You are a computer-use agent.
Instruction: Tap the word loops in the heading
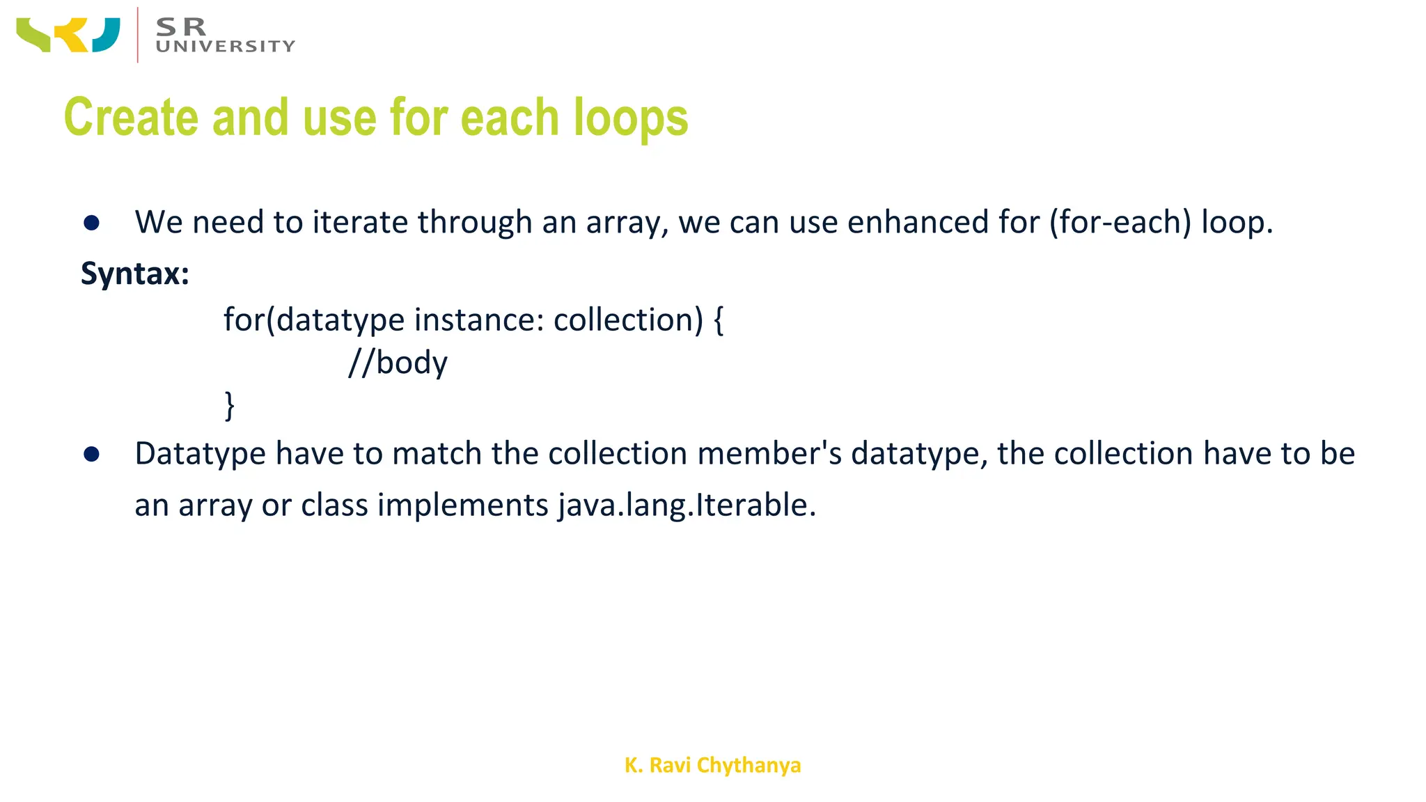(630, 117)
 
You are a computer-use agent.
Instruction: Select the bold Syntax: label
(135, 273)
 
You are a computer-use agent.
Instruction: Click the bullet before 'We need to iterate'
(91, 223)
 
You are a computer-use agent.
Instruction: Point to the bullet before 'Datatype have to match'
(91, 455)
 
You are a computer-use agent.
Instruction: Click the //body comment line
(398, 363)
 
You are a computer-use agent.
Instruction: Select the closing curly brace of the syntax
(229, 405)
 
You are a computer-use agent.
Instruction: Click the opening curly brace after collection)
(719, 320)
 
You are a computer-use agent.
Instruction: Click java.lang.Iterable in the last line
(687, 505)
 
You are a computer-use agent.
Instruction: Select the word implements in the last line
(462, 505)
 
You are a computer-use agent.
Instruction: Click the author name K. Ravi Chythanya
(712, 765)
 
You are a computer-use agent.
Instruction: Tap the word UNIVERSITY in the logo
(226, 47)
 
